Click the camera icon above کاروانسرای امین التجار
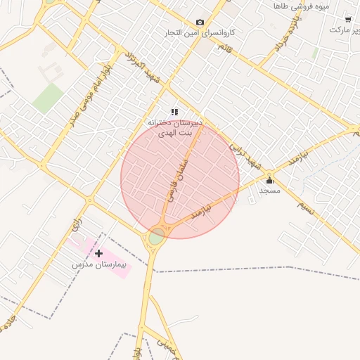pos(200,22)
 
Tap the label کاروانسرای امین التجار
pos(199,33)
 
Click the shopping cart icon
pos(347,20)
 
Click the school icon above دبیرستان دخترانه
pos(174,112)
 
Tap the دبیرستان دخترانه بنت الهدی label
pos(174,127)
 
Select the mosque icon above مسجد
pos(269,180)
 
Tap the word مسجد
pos(269,190)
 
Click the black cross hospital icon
pos(98,253)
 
